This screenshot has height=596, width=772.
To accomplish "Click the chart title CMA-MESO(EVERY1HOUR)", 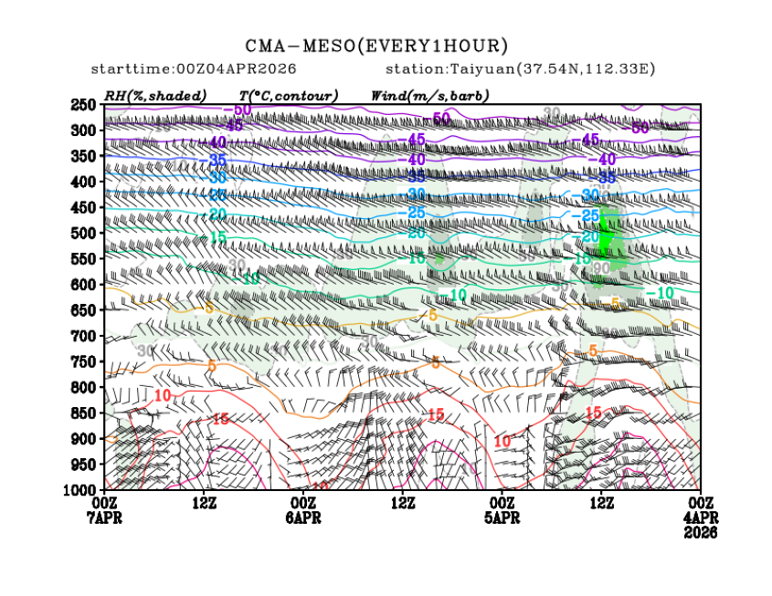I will (x=376, y=46).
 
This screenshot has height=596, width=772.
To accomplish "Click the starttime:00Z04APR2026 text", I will (x=194, y=69).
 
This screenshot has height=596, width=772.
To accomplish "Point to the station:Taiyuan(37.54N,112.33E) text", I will (x=521, y=69).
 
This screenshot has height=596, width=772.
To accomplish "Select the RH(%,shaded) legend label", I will (x=155, y=95).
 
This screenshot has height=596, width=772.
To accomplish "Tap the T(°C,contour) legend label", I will (x=289, y=95).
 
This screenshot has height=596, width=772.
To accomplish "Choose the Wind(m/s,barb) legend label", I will (x=429, y=95).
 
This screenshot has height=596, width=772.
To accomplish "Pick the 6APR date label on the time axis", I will (x=303, y=516).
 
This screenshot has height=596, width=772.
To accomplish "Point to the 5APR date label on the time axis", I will (x=502, y=516).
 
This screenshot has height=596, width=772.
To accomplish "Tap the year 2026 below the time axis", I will (x=700, y=530).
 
